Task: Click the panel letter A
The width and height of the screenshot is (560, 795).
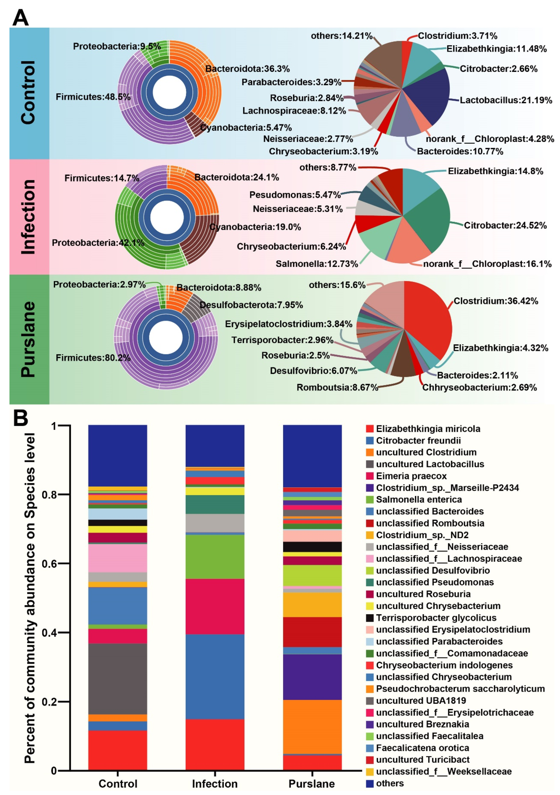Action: (20, 18)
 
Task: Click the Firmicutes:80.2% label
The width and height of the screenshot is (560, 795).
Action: (93, 358)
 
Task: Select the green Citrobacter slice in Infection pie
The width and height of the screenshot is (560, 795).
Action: (429, 222)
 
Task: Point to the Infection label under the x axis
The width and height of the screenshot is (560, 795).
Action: (215, 784)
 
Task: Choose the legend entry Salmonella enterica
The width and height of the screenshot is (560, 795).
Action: (419, 499)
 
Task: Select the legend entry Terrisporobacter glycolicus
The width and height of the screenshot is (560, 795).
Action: (436, 617)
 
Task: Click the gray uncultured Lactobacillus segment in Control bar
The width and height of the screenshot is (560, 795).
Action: (118, 679)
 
